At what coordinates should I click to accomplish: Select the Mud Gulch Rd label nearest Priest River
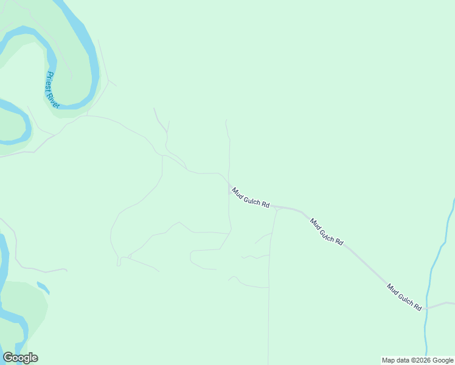(250, 198)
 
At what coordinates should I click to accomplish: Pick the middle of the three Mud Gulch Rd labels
(327, 232)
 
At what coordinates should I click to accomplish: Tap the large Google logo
(20, 358)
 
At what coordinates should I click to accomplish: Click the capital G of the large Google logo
(8, 358)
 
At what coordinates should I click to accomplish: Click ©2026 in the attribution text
(420, 360)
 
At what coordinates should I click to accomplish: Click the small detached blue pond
(43, 287)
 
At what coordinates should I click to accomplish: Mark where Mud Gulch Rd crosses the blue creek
(427, 308)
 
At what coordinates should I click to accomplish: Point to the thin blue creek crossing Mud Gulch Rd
(433, 268)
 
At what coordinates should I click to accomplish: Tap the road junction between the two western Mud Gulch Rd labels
(276, 207)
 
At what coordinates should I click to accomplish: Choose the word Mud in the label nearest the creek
(393, 288)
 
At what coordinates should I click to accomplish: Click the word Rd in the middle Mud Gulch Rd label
(338, 242)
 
